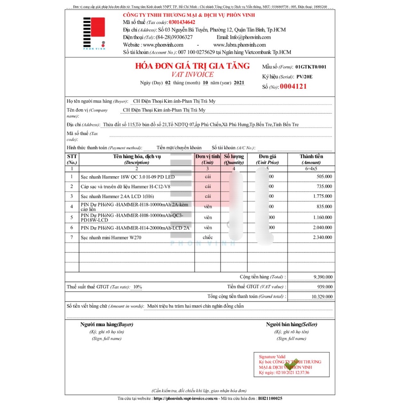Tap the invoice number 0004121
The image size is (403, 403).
coord(293,86)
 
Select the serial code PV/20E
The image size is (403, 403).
coord(304,76)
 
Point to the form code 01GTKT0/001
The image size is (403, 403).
coord(311,66)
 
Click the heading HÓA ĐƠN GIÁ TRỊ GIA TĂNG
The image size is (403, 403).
coord(192,66)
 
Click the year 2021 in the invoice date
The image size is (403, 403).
coord(239,83)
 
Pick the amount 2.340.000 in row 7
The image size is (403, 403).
coord(322,237)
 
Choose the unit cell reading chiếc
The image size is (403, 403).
coord(208,237)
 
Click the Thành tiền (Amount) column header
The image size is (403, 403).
coord(311,159)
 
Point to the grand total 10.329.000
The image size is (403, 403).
coord(321,296)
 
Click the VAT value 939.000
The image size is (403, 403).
coord(325,287)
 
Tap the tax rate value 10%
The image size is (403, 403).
coord(137,287)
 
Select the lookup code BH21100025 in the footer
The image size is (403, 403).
coord(270,398)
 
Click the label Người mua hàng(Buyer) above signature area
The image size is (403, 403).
coord(106,324)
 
